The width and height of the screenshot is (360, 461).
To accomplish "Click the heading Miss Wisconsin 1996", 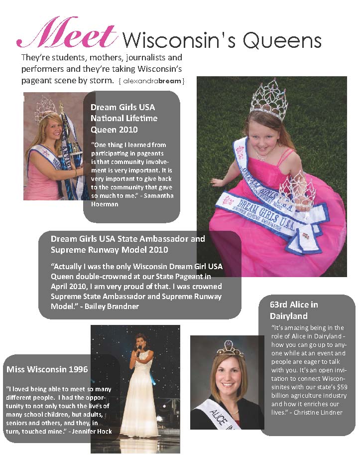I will click(47, 369).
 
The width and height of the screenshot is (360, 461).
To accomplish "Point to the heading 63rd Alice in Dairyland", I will click(294, 310).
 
